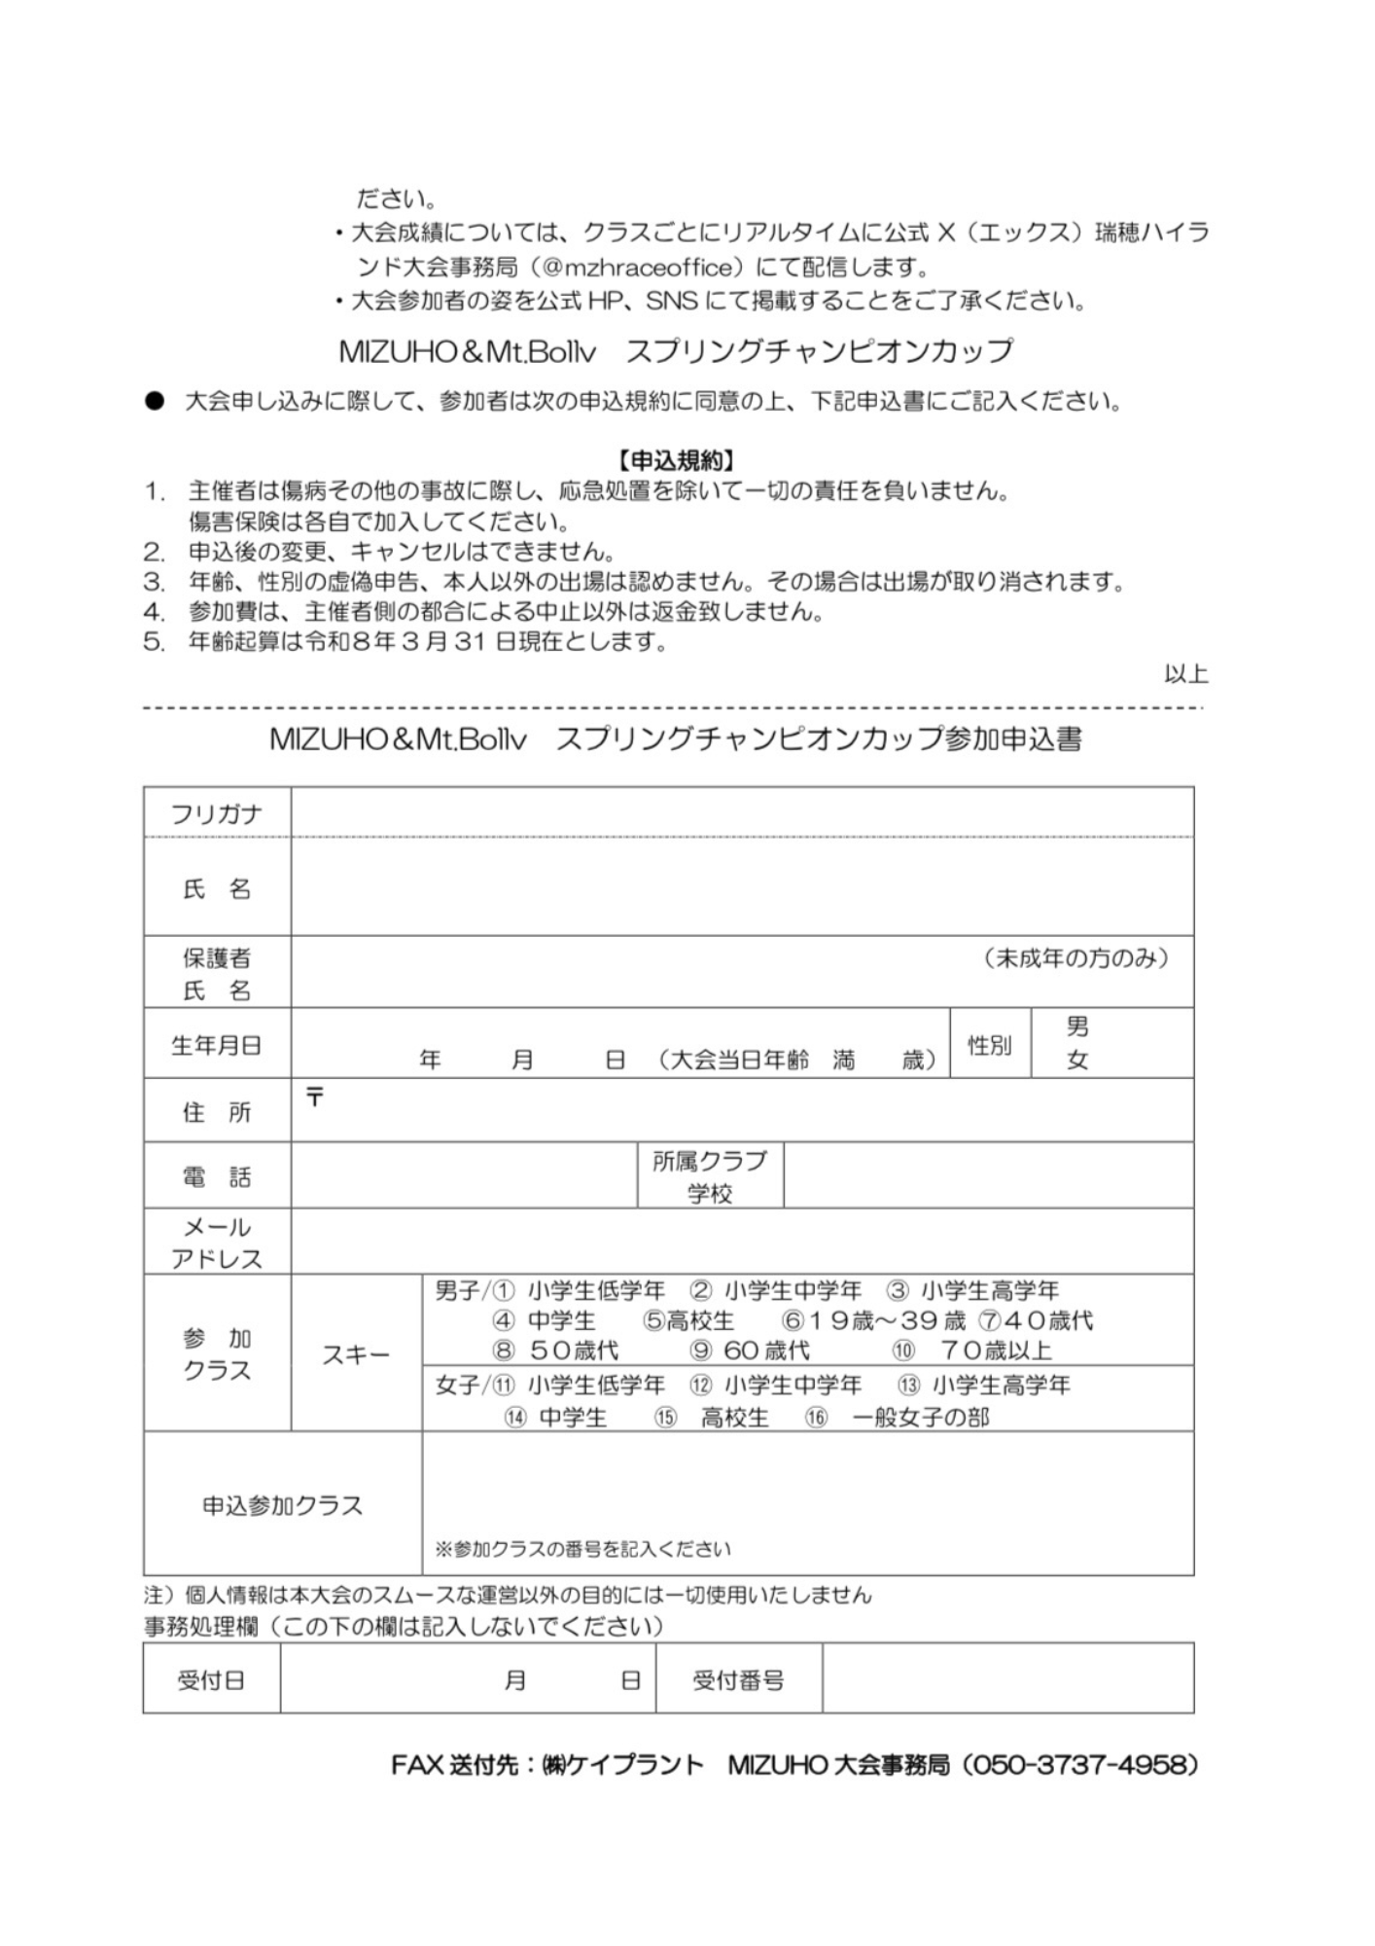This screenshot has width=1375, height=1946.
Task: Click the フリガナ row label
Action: tap(216, 814)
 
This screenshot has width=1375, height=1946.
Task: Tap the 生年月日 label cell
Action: tap(216, 1045)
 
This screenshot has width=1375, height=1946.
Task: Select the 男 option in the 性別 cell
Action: tap(1076, 1027)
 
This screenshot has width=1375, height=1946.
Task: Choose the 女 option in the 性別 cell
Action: tap(1076, 1061)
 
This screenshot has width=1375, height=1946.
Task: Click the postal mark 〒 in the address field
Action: tap(315, 1099)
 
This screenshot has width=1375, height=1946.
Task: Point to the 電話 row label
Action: tap(216, 1177)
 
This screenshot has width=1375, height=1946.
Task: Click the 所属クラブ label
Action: tap(710, 1161)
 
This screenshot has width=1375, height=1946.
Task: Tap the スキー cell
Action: tap(356, 1354)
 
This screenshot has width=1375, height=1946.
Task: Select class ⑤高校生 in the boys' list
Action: tap(688, 1321)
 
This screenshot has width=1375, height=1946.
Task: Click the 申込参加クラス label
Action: tap(282, 1505)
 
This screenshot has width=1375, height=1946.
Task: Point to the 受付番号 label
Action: tap(738, 1680)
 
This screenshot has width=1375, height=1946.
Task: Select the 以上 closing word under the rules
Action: tap(1185, 673)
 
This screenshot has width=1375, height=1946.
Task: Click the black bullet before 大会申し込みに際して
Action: tap(156, 402)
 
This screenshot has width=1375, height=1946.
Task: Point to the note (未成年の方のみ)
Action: tap(1075, 958)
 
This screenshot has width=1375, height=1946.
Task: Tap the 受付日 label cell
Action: tap(211, 1680)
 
